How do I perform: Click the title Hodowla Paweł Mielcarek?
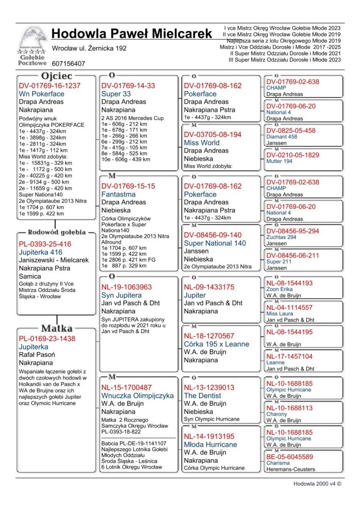[x=131, y=34]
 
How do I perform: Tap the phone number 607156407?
[x=68, y=64]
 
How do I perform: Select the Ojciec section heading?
[x=57, y=76]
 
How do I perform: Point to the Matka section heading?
[x=57, y=328]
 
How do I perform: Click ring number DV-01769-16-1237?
[x=49, y=85]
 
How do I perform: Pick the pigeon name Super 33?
[x=116, y=94]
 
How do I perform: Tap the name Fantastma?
[x=118, y=194]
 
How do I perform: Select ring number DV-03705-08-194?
[x=212, y=134]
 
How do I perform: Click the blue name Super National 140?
[x=215, y=243]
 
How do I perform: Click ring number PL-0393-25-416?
[x=45, y=244]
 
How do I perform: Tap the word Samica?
[x=30, y=276]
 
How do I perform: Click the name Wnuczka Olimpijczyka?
[x=137, y=396]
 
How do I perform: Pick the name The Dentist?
[x=202, y=396]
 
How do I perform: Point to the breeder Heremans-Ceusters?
[x=291, y=469]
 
